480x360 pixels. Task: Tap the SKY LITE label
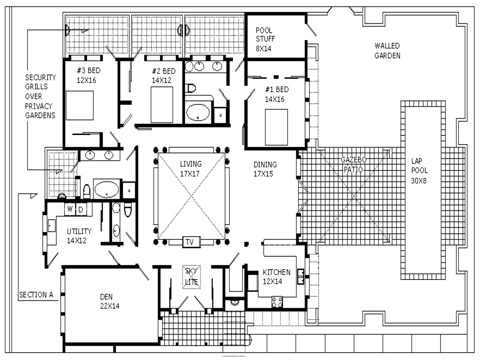191,277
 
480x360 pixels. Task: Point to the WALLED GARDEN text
387,50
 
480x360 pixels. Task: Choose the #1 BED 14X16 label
276,94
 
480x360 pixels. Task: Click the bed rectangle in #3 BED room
79,105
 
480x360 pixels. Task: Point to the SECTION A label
36,295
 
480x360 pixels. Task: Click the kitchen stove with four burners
277,302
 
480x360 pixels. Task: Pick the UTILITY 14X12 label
79,235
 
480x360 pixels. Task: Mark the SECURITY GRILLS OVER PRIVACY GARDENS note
40,96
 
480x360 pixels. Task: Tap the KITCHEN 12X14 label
276,276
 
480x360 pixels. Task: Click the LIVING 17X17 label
191,168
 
